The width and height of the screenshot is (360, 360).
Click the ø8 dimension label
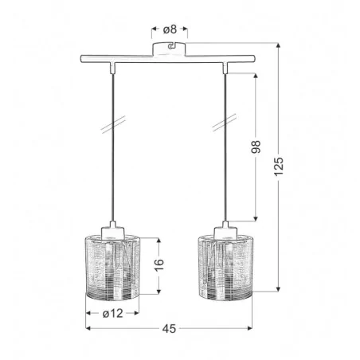click(170, 30)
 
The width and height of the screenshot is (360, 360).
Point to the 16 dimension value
click(158, 262)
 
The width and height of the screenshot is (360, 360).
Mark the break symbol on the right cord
click(225, 127)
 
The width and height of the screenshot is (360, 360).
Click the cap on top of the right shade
click(225, 230)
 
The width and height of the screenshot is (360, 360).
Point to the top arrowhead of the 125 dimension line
click(279, 45)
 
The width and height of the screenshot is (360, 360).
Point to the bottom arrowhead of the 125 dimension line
click(279, 290)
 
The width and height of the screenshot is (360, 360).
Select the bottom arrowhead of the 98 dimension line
click(255, 218)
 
